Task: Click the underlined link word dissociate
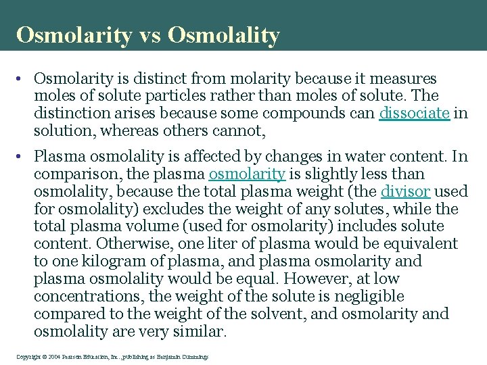pyautogui.click(x=414, y=114)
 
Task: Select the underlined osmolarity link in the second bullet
pyautogui.click(x=247, y=174)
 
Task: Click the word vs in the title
pyautogui.click(x=148, y=35)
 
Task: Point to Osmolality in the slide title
pyautogui.click(x=223, y=35)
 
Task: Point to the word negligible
pyautogui.click(x=371, y=297)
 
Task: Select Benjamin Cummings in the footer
pyautogui.click(x=187, y=356)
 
